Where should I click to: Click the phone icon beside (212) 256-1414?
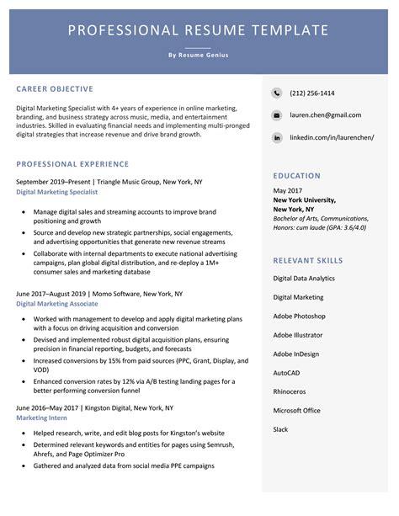pos(277,93)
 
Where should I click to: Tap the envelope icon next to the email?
pos(277,114)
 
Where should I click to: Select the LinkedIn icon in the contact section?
pos(277,136)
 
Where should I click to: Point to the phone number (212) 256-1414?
pos(312,93)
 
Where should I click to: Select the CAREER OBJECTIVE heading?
pos(55,88)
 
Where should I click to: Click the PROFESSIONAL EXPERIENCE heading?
pos(72,164)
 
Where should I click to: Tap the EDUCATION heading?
pos(296,176)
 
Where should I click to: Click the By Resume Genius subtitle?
pos(198,56)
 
